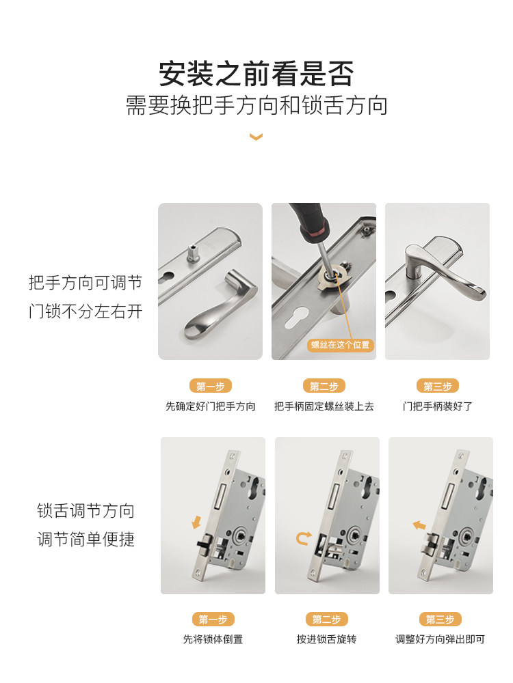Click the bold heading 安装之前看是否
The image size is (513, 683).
(256, 74)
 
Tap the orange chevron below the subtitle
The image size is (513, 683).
(256, 137)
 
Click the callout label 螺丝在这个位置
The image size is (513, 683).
(340, 345)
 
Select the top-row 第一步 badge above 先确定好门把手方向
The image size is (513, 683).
(210, 386)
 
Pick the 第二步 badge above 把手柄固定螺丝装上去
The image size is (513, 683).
(324, 386)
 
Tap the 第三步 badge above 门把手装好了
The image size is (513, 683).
(437, 386)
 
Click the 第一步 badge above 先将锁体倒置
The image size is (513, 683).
(213, 619)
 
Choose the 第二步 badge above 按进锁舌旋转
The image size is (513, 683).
(326, 619)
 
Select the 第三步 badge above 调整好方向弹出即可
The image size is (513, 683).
(440, 619)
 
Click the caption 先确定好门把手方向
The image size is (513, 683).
(210, 406)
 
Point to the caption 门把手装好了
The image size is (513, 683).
(437, 406)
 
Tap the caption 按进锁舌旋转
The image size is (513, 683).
(326, 640)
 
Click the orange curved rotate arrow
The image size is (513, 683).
(303, 538)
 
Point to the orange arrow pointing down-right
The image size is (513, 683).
(197, 523)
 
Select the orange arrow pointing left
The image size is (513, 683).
(419, 525)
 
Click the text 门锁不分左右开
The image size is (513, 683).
(85, 311)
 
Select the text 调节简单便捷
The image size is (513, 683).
(85, 540)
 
